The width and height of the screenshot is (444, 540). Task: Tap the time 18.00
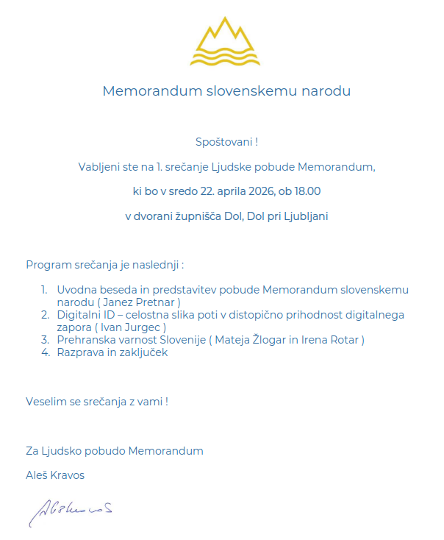tap(307, 191)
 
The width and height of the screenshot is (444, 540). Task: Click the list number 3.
tap(44, 340)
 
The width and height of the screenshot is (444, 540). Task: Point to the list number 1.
tap(44, 290)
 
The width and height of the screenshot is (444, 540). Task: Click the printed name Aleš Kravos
tap(55, 475)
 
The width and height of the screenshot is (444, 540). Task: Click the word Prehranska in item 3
tap(85, 340)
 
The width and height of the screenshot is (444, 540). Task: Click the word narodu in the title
tap(326, 92)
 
